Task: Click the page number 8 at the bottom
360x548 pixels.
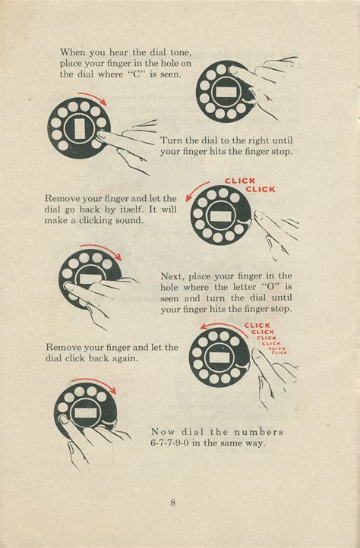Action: (173, 502)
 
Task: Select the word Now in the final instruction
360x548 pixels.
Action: (163, 431)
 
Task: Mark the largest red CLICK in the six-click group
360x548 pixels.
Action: (258, 326)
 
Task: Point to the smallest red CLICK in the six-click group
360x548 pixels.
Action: (279, 352)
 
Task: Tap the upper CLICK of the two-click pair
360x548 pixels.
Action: (240, 181)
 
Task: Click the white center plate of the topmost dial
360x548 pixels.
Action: (226, 90)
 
